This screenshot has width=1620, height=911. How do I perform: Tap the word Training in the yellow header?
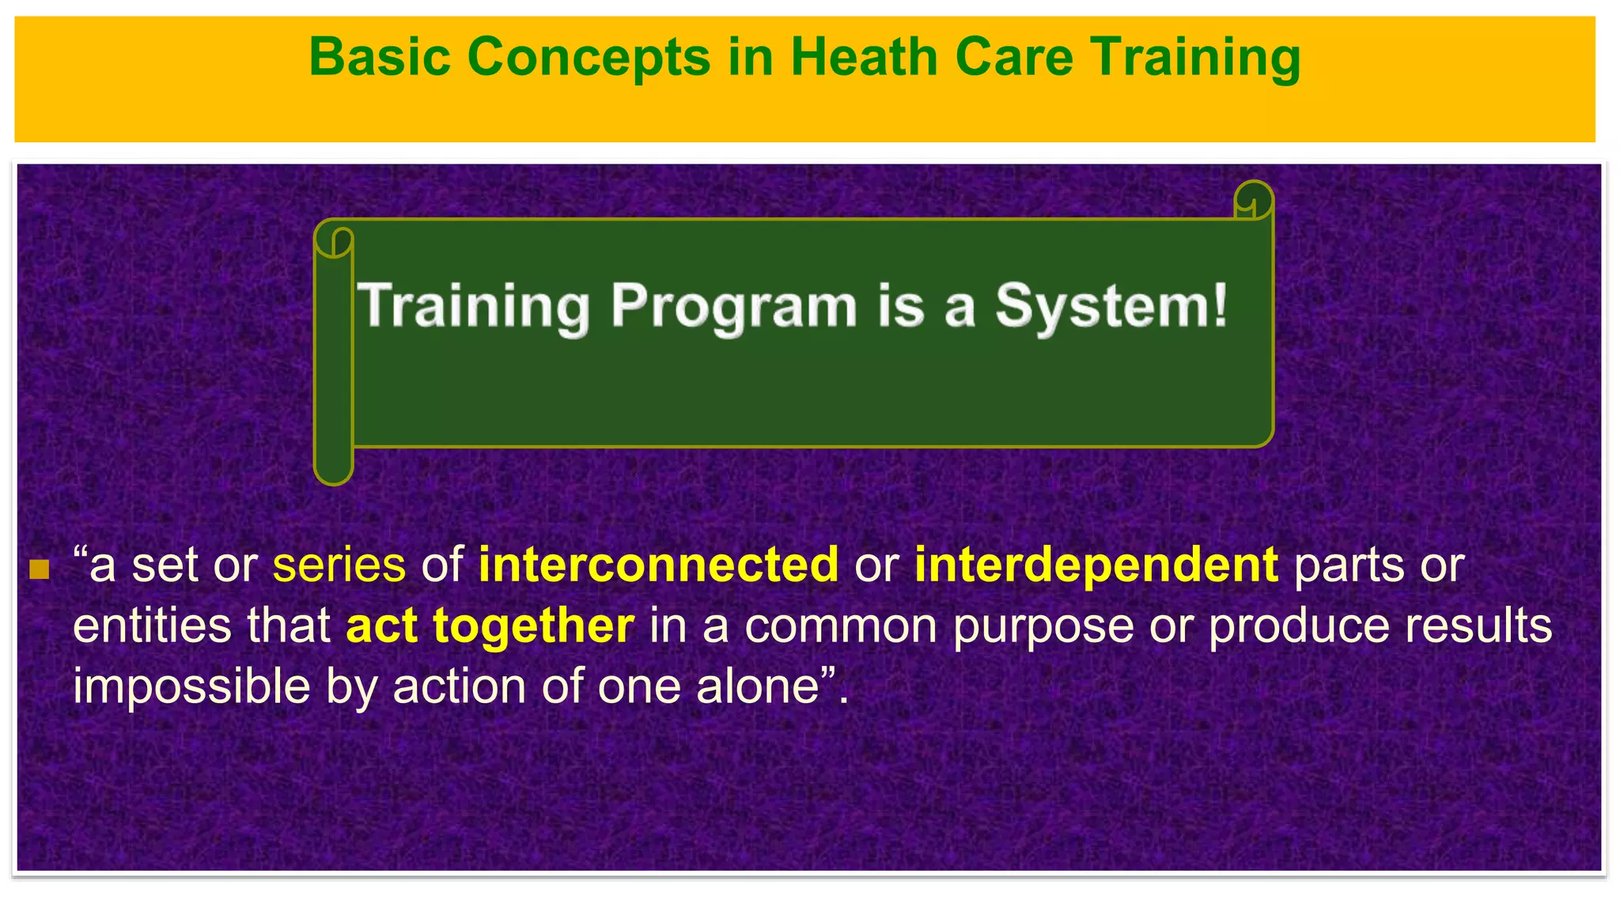(1195, 57)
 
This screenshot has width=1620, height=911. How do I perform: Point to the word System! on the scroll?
(1111, 307)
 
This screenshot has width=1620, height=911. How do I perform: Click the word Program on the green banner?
(734, 307)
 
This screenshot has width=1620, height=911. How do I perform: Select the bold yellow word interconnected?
(658, 565)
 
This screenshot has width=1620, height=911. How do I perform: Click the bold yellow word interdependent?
(1096, 565)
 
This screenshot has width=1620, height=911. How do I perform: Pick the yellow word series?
(339, 565)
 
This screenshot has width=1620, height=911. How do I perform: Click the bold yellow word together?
(533, 626)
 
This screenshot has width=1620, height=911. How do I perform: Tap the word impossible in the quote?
(191, 686)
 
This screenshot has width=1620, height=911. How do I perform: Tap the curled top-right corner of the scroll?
(1254, 200)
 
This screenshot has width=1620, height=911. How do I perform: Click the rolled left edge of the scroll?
(333, 356)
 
